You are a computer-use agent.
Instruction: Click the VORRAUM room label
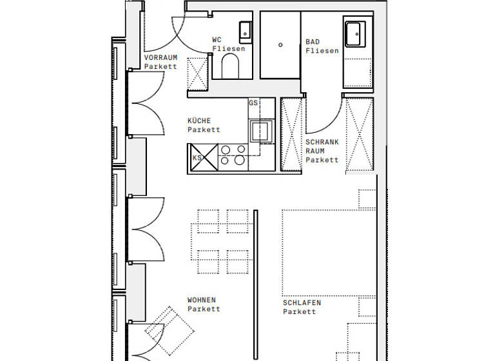[160, 57]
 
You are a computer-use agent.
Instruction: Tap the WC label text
[217, 40]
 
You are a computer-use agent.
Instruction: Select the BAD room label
[313, 42]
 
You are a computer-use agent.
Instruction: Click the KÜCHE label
[199, 121]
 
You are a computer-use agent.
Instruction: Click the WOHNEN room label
[202, 300]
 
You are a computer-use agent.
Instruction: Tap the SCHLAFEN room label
[302, 302]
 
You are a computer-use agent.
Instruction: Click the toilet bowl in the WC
[230, 64]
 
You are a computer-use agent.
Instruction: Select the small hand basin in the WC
[245, 30]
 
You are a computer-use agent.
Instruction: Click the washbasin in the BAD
[355, 34]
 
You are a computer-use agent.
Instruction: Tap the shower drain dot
[280, 44]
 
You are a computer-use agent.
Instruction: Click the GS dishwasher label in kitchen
[253, 103]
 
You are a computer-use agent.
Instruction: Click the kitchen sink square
[262, 131]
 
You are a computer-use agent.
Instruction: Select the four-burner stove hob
[232, 155]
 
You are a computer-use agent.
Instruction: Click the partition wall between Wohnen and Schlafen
[255, 284]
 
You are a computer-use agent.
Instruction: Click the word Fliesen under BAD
[322, 51]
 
